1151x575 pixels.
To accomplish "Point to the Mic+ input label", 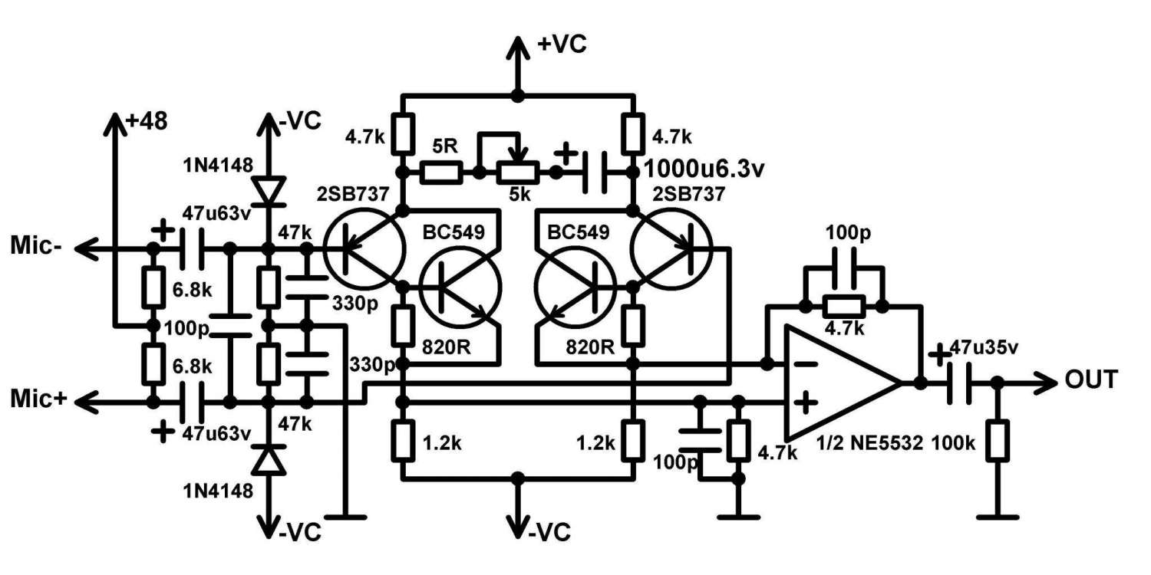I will pos(38,399).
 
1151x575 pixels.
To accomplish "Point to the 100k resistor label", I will pos(954,443).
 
